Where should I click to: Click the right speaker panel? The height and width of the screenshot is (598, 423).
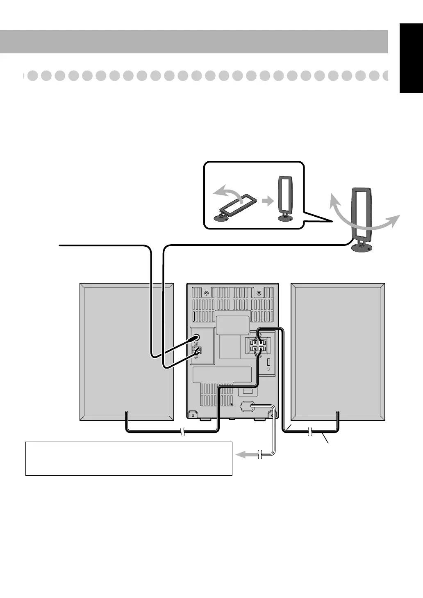tap(338, 351)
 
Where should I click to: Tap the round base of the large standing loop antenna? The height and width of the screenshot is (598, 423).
tap(362, 248)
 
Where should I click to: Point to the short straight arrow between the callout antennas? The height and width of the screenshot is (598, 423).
tap(267, 202)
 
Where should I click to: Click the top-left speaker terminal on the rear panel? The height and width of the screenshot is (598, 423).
tap(255, 342)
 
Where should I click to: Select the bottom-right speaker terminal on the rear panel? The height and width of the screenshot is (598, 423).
tap(262, 350)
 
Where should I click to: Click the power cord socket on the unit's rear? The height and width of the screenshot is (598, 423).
tap(247, 407)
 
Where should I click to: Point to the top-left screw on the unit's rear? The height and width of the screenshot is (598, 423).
tap(206, 293)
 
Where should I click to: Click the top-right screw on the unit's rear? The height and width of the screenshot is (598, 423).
tap(259, 293)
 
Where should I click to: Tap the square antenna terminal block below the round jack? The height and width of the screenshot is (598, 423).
tap(197, 351)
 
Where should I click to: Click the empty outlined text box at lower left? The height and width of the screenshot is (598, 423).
tap(129, 458)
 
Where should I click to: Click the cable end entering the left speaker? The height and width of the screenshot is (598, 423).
tap(126, 412)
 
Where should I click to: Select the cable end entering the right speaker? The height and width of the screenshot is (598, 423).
tap(338, 412)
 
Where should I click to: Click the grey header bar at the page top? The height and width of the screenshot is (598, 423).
tap(194, 41)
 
